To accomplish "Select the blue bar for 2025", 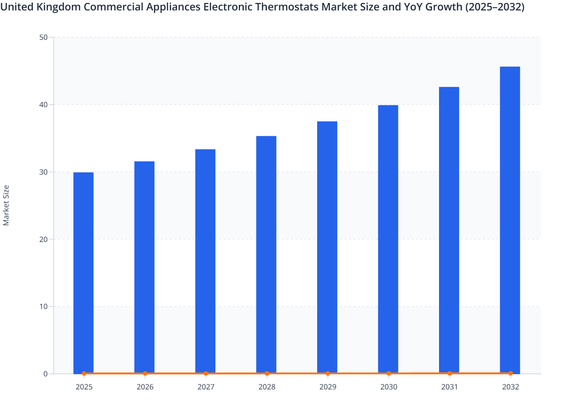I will coord(83,273).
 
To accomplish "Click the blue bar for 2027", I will coord(205,261).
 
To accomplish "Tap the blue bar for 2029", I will coord(327,247).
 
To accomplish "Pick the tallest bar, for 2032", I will coord(510,220).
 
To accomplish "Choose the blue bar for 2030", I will coord(388,239).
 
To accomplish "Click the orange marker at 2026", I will coord(145,373).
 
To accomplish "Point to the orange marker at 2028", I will coord(267,373).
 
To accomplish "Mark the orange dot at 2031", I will coord(449,373).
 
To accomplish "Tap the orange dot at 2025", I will coord(84,373).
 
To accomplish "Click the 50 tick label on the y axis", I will coord(43,37).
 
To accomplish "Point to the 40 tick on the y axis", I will coord(43,105).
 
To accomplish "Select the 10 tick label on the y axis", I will coord(43,307).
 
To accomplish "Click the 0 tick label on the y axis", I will coord(45,374).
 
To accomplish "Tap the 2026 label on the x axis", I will coord(145,387).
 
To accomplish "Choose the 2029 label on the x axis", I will coord(328,387).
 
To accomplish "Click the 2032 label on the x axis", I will coord(510,387).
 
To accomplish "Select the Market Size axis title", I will coord(6,205).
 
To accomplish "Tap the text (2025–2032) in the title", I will coord(495,7).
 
